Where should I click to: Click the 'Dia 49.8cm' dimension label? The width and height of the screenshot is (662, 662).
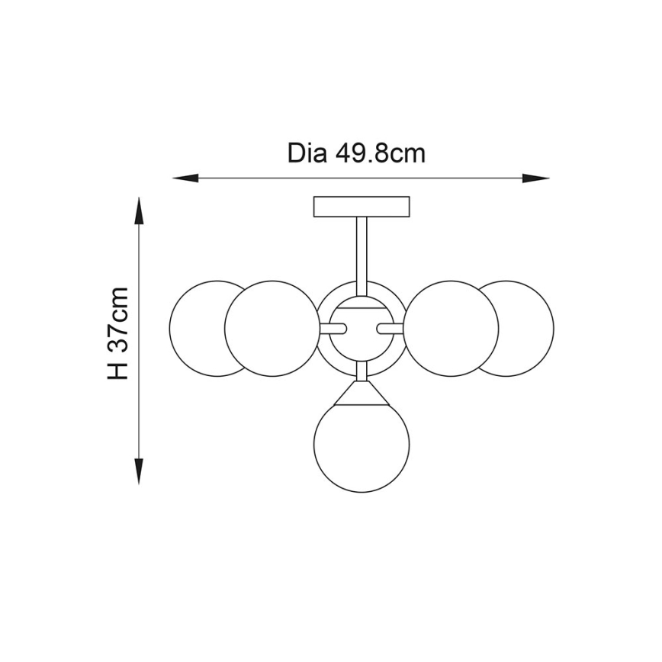click(x=356, y=153)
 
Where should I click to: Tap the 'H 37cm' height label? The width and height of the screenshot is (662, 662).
click(x=118, y=333)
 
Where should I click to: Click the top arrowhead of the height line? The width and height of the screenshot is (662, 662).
click(x=139, y=210)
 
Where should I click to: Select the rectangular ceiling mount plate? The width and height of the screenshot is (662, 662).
click(x=362, y=207)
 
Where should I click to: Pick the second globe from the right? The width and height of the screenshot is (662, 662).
click(x=453, y=329)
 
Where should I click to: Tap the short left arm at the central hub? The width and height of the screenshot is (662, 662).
click(x=334, y=329)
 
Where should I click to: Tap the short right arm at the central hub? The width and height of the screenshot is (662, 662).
click(x=390, y=329)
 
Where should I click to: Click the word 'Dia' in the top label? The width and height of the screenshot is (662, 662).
click(x=307, y=153)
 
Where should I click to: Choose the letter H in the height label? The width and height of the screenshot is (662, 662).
click(x=118, y=369)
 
